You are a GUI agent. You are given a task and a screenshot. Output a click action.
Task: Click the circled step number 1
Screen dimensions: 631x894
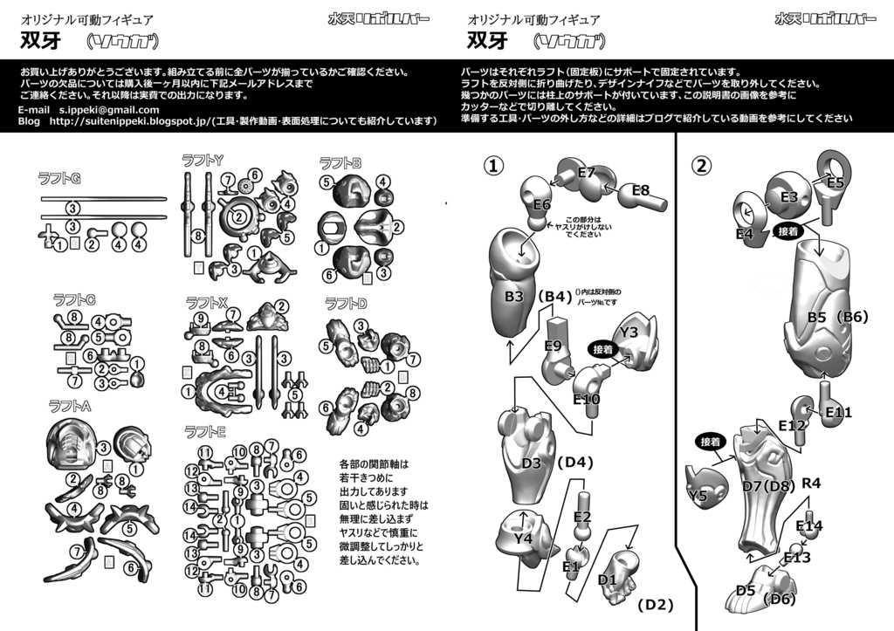(494, 166)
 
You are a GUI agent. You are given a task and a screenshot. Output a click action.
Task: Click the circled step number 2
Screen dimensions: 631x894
(701, 166)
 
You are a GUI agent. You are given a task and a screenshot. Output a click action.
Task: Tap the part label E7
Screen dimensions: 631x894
(586, 173)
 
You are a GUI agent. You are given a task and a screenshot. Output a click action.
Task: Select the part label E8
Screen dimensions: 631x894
(641, 190)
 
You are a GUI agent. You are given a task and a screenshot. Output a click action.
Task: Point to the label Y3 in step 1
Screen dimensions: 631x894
(629, 332)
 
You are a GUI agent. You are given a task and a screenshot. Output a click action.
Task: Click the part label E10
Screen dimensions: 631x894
(587, 399)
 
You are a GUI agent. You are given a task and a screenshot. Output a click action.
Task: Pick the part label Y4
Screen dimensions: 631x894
(524, 539)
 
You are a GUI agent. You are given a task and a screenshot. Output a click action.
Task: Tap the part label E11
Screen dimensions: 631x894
(838, 412)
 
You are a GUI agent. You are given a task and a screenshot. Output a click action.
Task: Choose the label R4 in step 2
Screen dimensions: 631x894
(811, 483)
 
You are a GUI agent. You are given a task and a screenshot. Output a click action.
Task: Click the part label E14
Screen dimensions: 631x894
(809, 525)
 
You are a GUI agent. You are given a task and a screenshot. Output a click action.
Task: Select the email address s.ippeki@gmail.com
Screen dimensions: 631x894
(109, 110)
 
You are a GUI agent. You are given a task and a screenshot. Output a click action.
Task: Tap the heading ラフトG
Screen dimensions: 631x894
(59, 179)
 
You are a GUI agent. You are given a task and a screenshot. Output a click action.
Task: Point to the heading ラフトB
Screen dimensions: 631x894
(340, 162)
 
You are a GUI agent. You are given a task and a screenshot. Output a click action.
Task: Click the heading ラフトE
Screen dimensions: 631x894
(205, 431)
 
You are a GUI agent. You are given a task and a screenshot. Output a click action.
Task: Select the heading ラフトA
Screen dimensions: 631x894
(71, 405)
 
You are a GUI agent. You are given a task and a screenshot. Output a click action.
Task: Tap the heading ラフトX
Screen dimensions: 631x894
(207, 302)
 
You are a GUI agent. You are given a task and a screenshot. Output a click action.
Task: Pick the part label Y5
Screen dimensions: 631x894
(698, 496)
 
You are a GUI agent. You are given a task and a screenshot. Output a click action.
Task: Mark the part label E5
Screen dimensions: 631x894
(836, 182)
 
